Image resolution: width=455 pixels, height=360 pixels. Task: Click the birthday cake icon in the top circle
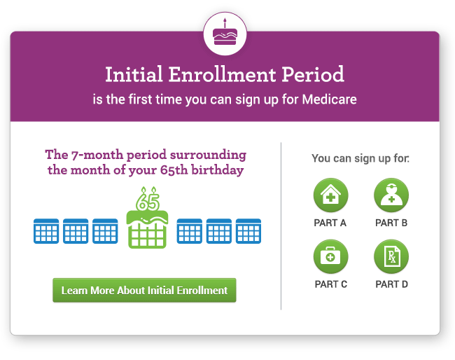[225, 33]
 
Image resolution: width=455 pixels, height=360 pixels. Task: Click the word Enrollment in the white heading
[222, 75]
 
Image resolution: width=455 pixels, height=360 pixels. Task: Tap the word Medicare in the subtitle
[330, 99]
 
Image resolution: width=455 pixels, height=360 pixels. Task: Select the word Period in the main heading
[313, 74]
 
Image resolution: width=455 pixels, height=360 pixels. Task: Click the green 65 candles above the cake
[148, 199]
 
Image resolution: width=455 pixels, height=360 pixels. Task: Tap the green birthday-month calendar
[147, 229]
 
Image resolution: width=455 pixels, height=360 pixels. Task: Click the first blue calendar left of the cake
[46, 231]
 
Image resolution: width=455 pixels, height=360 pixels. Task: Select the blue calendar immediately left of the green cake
[105, 231]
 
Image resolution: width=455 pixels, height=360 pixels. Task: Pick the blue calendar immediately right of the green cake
[190, 231]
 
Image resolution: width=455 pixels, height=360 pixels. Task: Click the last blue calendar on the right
[248, 231]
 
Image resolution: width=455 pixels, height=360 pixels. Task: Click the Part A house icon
[331, 195]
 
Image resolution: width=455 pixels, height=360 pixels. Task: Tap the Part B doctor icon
[391, 195]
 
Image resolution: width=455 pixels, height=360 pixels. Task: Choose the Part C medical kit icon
[331, 256]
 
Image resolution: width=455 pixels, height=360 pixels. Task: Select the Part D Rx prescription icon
[391, 256]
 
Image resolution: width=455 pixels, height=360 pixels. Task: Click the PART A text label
[330, 223]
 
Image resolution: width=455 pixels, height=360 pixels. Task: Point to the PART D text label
[392, 284]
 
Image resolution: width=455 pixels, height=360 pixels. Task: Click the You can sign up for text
[360, 158]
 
